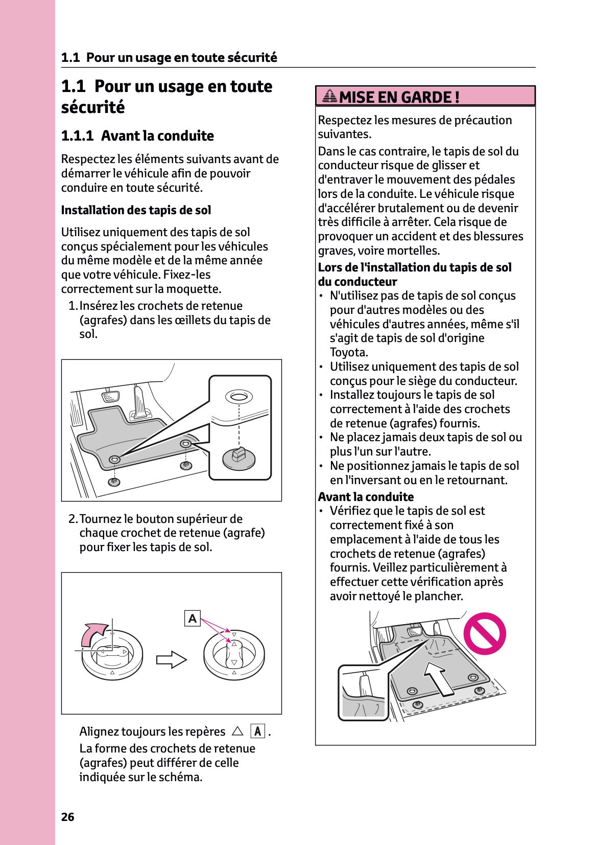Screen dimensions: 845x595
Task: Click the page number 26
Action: (x=67, y=817)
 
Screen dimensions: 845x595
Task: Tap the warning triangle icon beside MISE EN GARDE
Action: (x=330, y=96)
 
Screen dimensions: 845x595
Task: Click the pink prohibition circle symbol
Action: (x=484, y=634)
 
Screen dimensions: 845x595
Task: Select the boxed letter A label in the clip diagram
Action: (x=192, y=618)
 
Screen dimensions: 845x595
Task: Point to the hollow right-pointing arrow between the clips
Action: (x=171, y=659)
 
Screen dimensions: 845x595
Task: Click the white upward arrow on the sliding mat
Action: (x=439, y=678)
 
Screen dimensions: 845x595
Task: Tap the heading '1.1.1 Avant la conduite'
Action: (x=137, y=136)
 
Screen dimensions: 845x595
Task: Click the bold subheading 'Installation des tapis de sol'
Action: (x=136, y=210)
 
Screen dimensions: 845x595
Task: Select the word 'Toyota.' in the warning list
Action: (x=349, y=352)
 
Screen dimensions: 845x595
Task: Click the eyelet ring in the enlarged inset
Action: (x=239, y=397)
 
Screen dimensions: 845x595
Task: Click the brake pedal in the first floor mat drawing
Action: (x=110, y=397)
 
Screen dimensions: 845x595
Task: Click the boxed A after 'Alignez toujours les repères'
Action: (x=257, y=732)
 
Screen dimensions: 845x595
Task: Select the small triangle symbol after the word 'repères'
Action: (x=237, y=732)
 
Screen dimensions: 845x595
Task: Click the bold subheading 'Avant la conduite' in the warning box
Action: (x=366, y=497)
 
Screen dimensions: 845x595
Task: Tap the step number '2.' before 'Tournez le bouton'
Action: (x=73, y=519)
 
